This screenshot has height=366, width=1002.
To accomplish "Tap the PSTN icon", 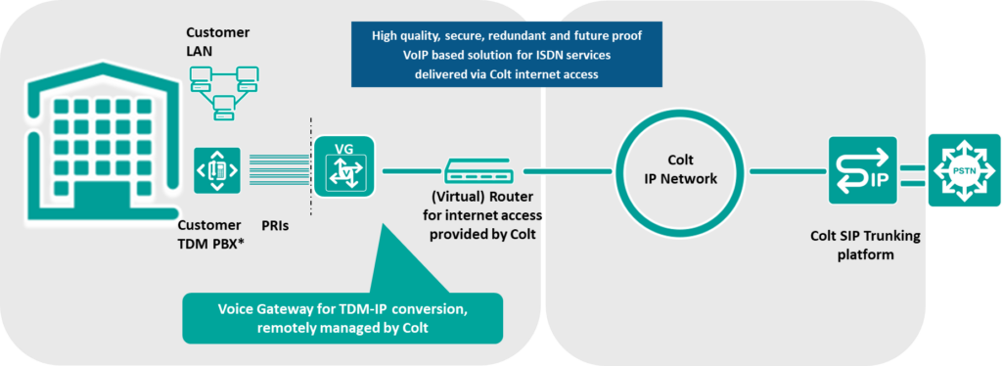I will pyautogui.click(x=963, y=170).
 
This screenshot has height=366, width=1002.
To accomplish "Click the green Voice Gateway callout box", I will pyautogui.click(x=342, y=317).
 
